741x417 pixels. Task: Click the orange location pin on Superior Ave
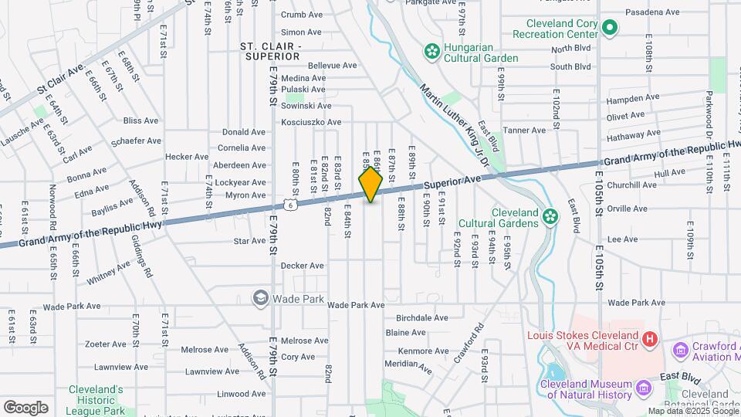[x=370, y=185]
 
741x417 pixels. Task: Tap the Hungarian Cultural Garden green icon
[x=431, y=51]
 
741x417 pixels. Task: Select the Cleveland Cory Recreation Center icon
[x=609, y=29]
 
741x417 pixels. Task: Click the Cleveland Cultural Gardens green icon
[x=550, y=216]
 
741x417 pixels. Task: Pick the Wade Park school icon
[x=261, y=298]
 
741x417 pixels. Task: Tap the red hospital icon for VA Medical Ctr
[x=650, y=338]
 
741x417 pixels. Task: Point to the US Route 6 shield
[x=289, y=205]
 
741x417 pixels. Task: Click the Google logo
[x=25, y=407]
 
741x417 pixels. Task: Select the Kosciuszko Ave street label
[x=311, y=123]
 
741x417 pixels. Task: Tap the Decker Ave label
[x=302, y=266]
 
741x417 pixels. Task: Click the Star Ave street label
[x=249, y=242]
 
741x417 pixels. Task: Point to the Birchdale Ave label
[x=421, y=318]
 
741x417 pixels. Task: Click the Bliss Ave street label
[x=140, y=121]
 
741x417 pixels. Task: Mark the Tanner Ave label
[x=524, y=131]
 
